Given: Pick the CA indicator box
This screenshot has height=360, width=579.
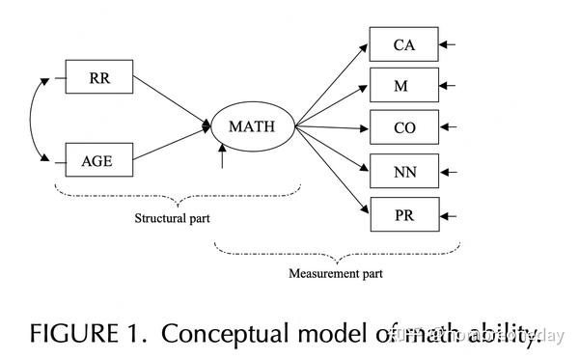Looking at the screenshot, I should click(403, 43).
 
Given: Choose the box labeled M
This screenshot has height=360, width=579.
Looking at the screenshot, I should click(403, 86).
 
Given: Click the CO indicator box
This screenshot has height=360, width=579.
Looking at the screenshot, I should click(403, 127).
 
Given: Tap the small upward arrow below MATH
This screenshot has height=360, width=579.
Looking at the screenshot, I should click(223, 156).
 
